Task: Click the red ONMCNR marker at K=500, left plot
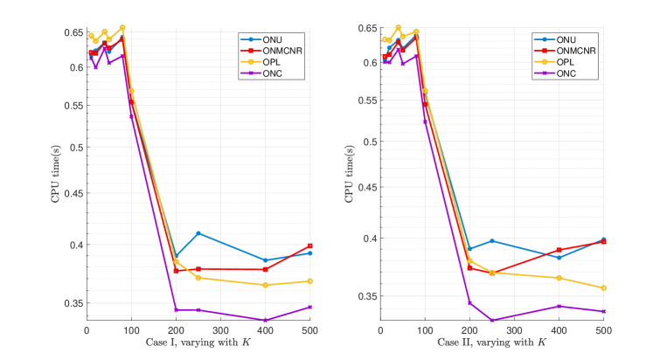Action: tap(309, 246)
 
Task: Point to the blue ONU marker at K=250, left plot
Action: tap(198, 233)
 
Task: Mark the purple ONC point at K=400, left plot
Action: tap(265, 320)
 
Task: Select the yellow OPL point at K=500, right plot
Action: tap(603, 287)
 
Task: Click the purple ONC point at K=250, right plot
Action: tap(492, 320)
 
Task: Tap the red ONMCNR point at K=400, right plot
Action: tap(559, 250)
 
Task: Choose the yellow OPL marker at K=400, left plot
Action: tap(265, 285)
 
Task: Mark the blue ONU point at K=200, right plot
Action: tap(469, 249)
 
